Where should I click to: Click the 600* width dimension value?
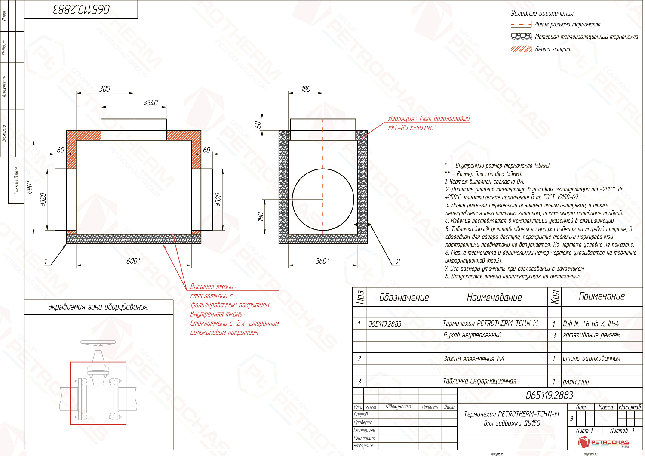pyautogui.click(x=133, y=261)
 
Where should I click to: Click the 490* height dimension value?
pyautogui.click(x=31, y=187)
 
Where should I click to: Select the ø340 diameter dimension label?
pyautogui.click(x=150, y=103)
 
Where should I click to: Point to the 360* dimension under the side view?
pyautogui.click(x=323, y=261)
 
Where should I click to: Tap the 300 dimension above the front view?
pyautogui.click(x=105, y=89)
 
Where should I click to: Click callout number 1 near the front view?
pyautogui.click(x=46, y=262)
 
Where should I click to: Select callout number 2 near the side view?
pyautogui.click(x=398, y=262)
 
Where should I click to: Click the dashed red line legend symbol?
pyautogui.click(x=521, y=25)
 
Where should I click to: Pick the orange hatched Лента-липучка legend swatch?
pyautogui.click(x=521, y=49)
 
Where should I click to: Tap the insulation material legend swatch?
pyautogui.click(x=521, y=37)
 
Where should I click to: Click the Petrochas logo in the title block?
pyautogui.click(x=604, y=442)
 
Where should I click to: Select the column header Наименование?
pyautogui.click(x=494, y=297)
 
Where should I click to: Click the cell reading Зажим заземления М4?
pyautogui.click(x=473, y=359)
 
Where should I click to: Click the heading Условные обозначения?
pyautogui.click(x=542, y=14)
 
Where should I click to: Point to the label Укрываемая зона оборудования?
pyautogui.click(x=98, y=307)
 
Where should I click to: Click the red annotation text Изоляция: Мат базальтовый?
pyautogui.click(x=429, y=119)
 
